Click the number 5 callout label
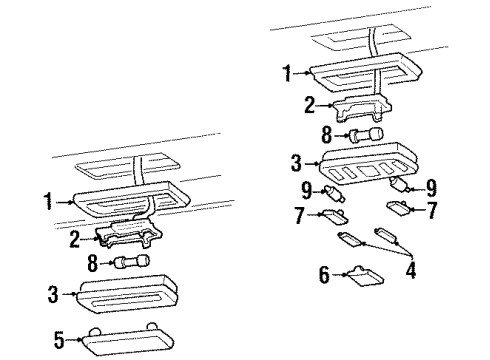click(59, 340)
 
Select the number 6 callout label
click(324, 274)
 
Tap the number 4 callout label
click(411, 270)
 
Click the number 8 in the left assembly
click(92, 263)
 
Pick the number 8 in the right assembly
click(327, 135)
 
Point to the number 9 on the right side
click(431, 188)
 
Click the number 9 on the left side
click(307, 190)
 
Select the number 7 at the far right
click(432, 210)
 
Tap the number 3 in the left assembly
click(53, 295)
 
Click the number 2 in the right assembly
click(309, 105)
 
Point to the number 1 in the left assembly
click(49, 201)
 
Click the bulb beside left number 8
click(132, 261)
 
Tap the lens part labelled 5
click(128, 339)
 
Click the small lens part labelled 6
click(365, 276)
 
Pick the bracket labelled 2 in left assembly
click(129, 233)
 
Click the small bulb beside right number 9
click(400, 184)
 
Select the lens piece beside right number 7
click(399, 207)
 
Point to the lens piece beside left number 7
click(334, 217)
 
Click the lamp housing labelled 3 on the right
click(368, 164)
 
